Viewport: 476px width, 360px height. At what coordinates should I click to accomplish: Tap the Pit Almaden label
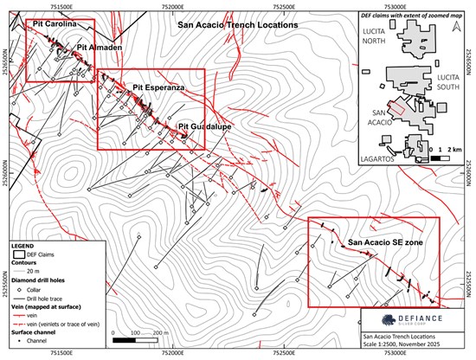pyautogui.click(x=99, y=46)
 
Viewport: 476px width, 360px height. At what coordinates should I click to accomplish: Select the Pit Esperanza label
pyautogui.click(x=157, y=88)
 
